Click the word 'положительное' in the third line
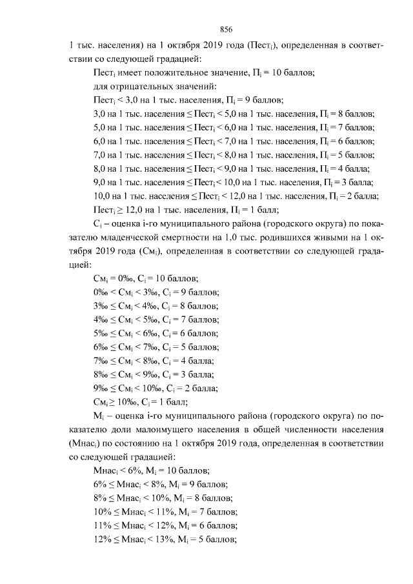point(169,73)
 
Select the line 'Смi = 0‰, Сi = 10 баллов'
point(145,278)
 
